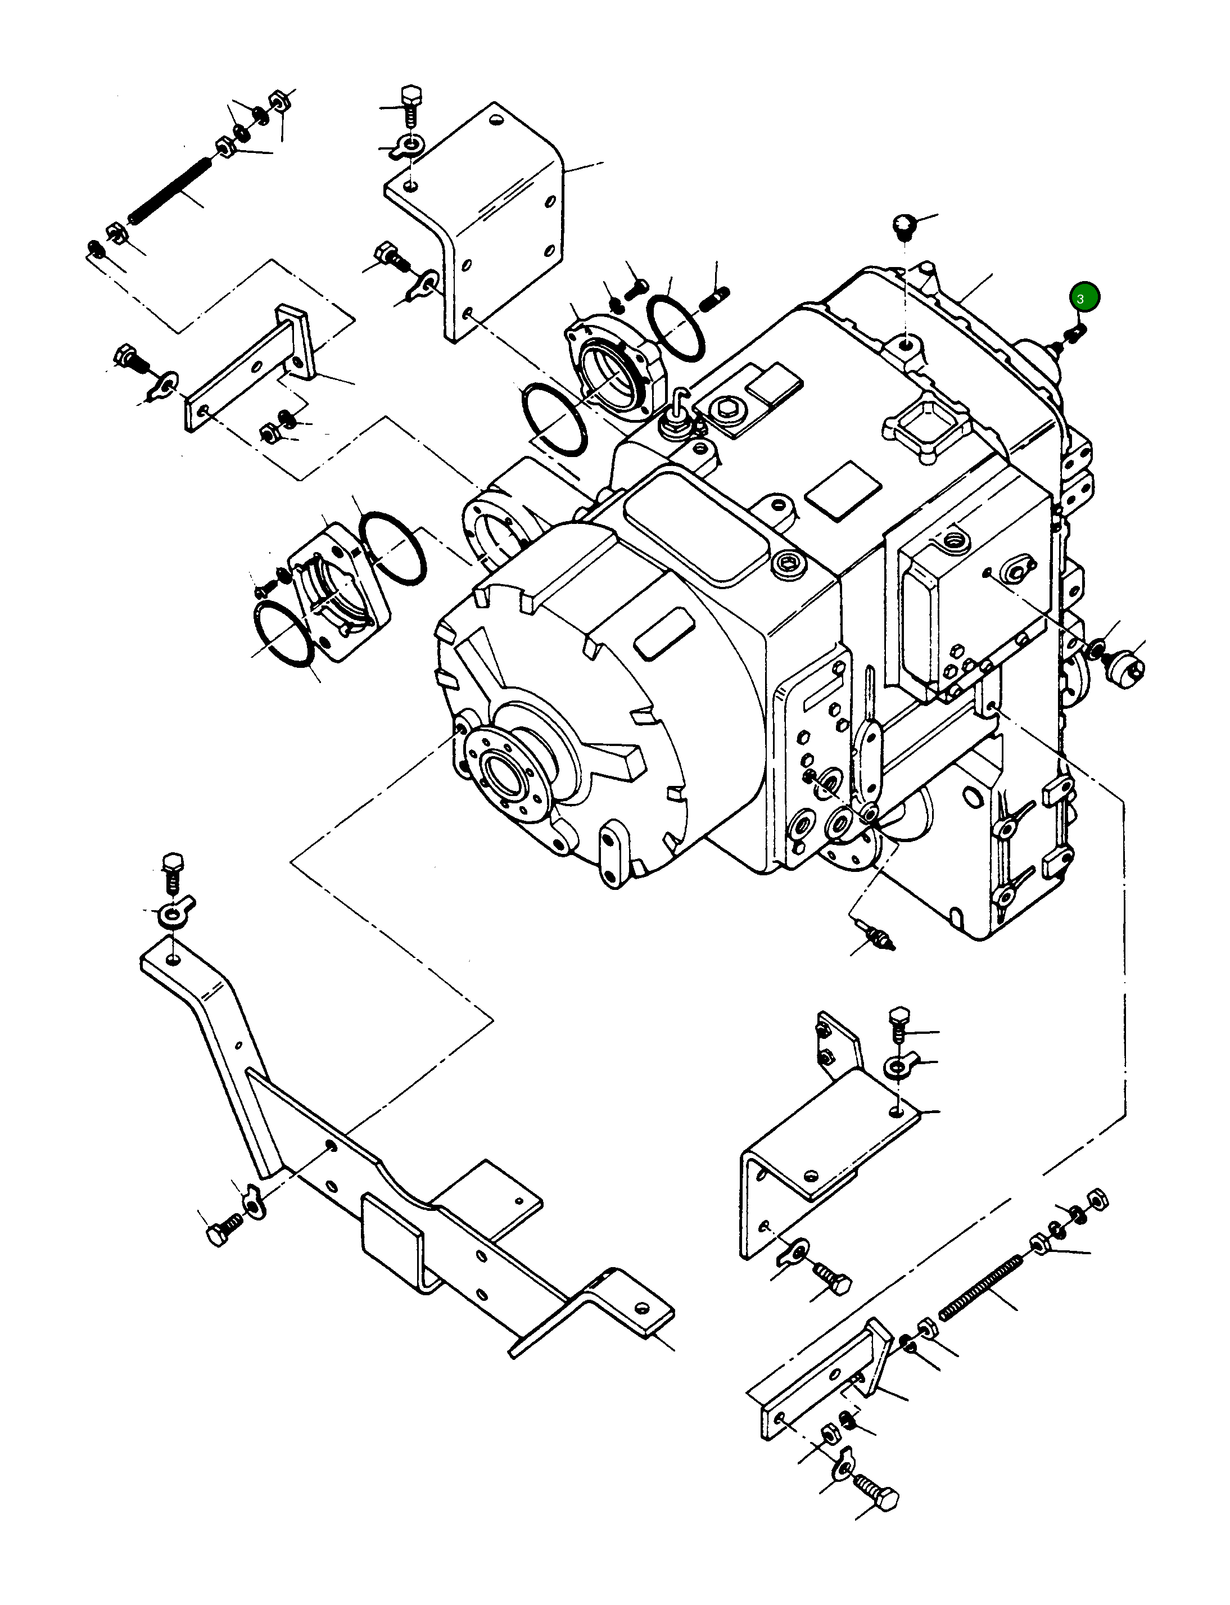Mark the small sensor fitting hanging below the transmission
coord(879,939)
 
